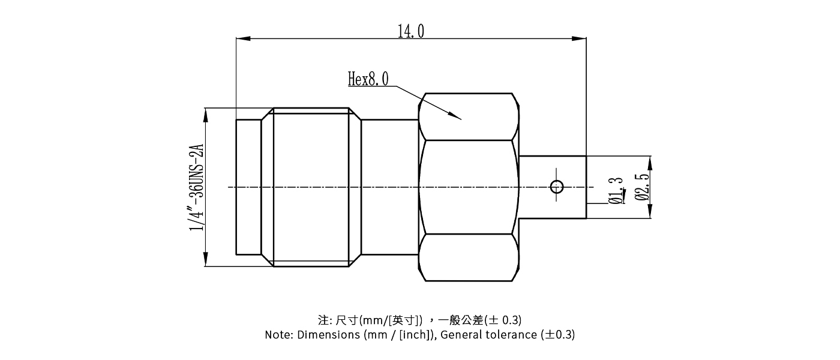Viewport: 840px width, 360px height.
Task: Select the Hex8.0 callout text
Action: point(368,79)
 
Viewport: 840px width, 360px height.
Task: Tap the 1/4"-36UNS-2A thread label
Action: point(197,187)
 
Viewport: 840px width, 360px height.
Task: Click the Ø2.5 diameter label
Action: point(641,187)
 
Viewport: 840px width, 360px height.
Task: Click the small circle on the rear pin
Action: point(557,187)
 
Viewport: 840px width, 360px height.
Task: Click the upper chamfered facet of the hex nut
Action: point(467,116)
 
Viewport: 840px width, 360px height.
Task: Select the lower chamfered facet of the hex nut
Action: point(467,257)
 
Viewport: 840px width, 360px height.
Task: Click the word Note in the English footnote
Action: point(278,335)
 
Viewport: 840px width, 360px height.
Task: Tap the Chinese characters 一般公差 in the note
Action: point(461,319)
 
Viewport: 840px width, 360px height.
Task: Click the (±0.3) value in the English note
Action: point(557,335)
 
